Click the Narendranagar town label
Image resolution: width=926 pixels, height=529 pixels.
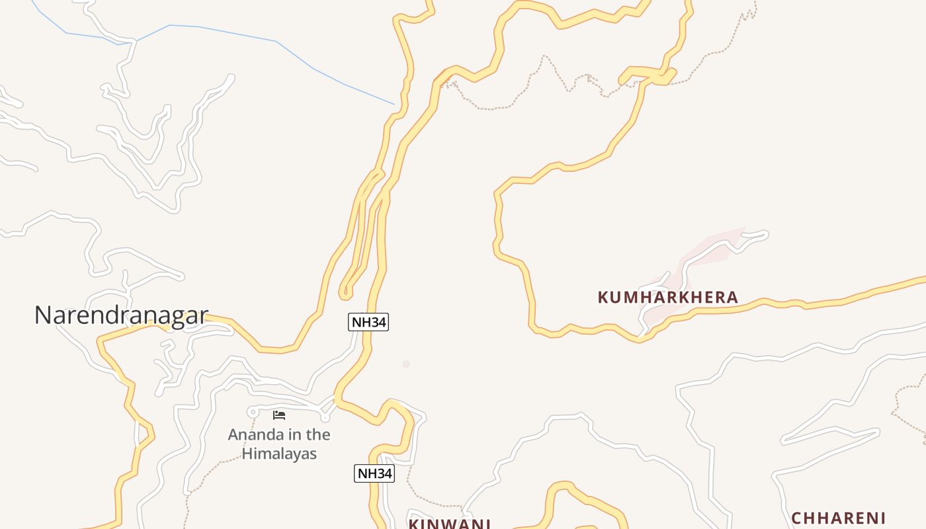tap(121, 315)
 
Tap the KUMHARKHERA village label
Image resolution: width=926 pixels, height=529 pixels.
tap(667, 298)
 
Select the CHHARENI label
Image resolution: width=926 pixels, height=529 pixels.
tap(838, 518)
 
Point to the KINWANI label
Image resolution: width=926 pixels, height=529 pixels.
tap(449, 524)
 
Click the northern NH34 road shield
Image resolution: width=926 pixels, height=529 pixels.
tap(368, 322)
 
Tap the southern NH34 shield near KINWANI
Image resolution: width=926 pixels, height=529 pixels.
tap(374, 473)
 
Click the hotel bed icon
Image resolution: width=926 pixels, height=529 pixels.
tap(279, 415)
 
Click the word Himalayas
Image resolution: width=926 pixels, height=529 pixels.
tap(279, 454)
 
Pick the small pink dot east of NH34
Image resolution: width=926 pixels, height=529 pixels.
tap(406, 364)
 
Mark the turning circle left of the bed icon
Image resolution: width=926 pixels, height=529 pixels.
tap(252, 413)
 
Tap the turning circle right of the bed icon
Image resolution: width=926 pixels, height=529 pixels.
tap(325, 417)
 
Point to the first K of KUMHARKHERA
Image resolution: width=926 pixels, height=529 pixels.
tap(603, 298)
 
